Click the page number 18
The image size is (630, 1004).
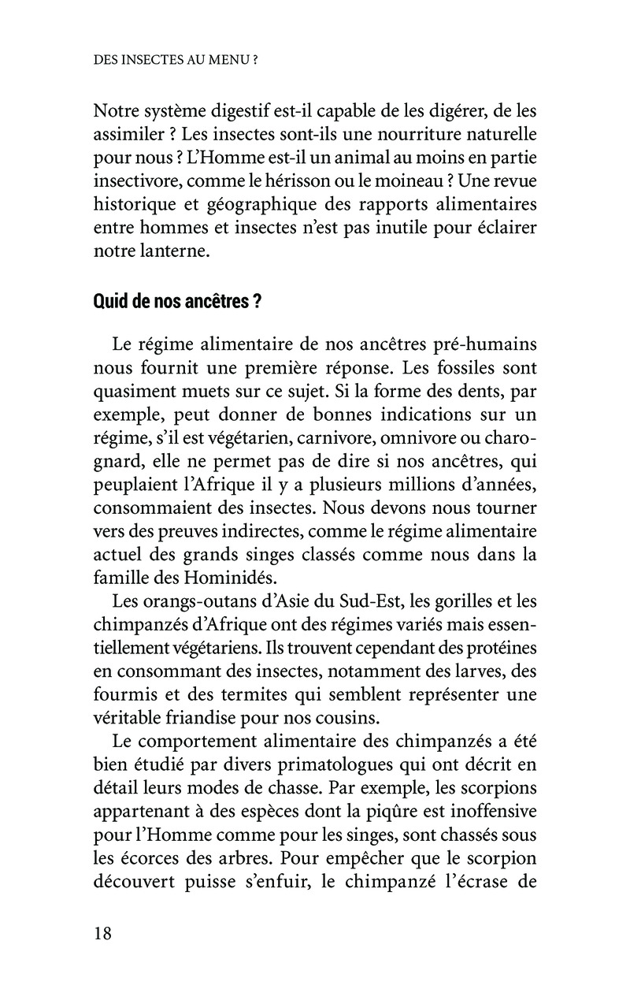[102, 933]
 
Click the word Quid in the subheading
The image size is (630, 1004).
[110, 303]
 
